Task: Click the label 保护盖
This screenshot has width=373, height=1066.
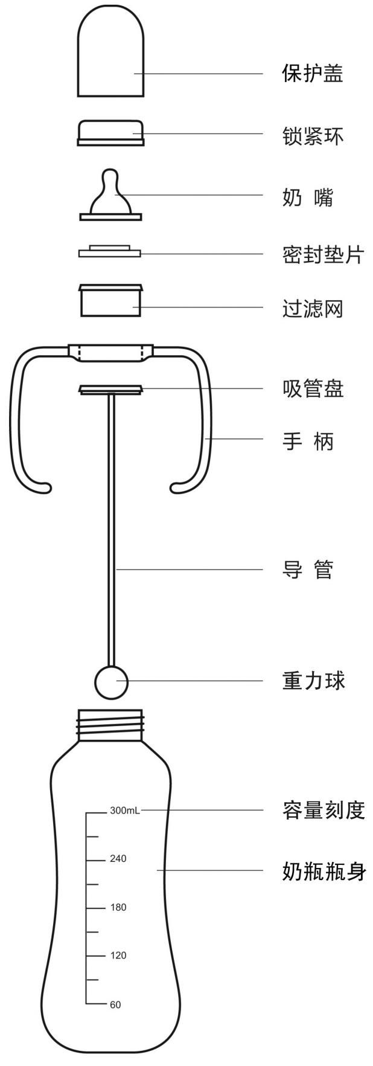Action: [x=312, y=74]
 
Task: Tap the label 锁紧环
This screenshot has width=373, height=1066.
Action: [x=312, y=136]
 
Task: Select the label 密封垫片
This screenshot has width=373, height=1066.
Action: [x=323, y=254]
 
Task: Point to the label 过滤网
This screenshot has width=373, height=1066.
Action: [x=312, y=309]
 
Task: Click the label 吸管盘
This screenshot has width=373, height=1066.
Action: [x=313, y=388]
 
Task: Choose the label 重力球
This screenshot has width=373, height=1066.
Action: [x=313, y=681]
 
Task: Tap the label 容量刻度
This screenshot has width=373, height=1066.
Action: [x=323, y=810]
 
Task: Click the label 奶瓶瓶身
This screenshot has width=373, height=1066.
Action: [x=323, y=872]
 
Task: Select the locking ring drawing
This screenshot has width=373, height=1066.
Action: [x=111, y=132]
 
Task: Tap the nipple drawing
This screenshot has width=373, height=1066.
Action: [x=111, y=196]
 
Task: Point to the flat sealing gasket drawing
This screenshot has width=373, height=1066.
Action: [x=109, y=251]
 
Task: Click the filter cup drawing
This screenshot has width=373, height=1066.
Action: [x=111, y=300]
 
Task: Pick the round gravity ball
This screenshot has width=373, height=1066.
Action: [x=111, y=681]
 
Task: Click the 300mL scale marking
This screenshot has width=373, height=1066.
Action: [x=124, y=811]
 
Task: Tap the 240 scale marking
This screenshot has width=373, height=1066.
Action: [x=118, y=859]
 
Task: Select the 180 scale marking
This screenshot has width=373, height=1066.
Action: [x=118, y=907]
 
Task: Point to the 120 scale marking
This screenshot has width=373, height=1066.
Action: [x=118, y=955]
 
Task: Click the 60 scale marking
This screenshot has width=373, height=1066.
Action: [x=115, y=1004]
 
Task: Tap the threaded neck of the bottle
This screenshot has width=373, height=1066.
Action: [x=111, y=724]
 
